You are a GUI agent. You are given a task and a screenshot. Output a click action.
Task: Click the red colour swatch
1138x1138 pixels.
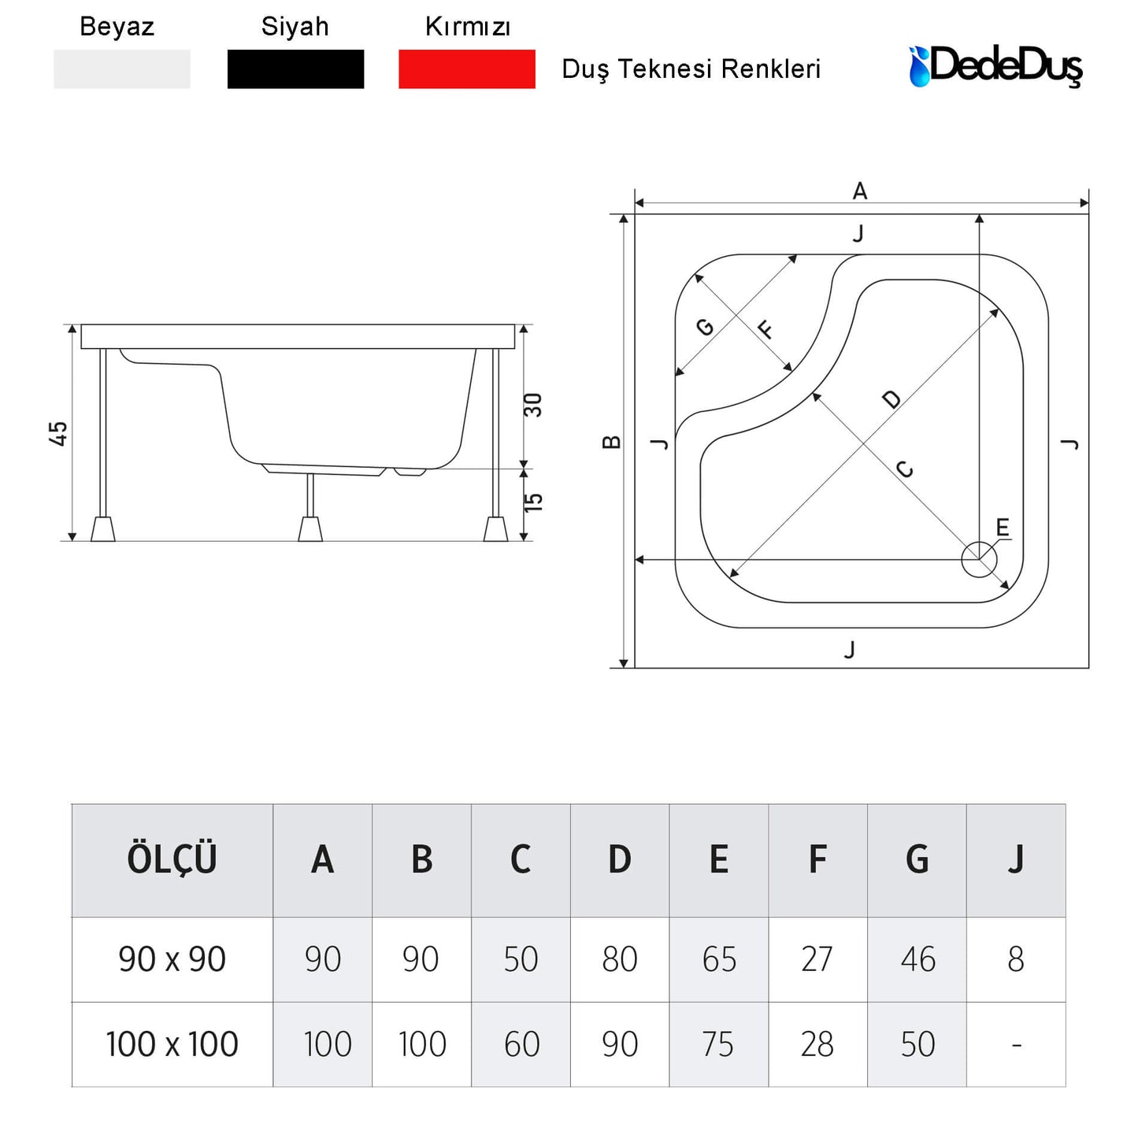[466, 69]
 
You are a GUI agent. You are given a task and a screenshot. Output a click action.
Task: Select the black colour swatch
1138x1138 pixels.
[295, 69]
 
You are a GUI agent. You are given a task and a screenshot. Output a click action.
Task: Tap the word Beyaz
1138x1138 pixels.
[117, 27]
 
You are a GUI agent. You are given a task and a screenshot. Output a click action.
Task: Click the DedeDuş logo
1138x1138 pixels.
[995, 66]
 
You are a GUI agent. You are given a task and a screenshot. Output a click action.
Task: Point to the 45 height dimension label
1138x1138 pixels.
[58, 433]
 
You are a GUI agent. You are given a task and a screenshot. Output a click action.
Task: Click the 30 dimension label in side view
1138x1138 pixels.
[532, 405]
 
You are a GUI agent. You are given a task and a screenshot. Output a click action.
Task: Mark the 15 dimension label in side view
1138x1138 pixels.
[532, 502]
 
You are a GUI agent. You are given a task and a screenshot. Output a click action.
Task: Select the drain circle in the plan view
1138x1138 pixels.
[979, 559]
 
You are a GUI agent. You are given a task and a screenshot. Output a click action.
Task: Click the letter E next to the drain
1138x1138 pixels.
[1003, 527]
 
